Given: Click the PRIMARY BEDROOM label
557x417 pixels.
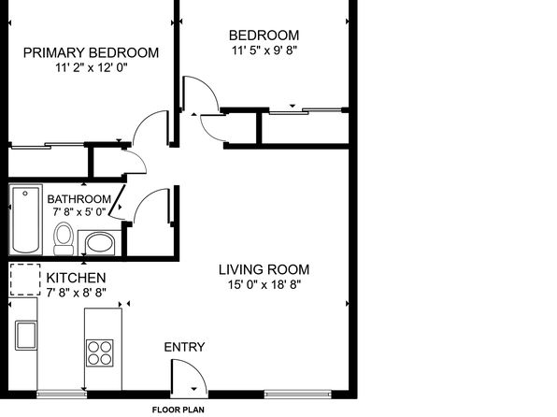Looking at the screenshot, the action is coord(91,52).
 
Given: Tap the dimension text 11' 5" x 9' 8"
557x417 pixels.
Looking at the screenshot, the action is coord(264,50).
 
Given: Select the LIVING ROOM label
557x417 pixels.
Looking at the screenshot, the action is coord(264,269).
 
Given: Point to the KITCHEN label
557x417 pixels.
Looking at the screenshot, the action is coord(76,278).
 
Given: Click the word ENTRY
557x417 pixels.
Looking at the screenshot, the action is coord(184,347).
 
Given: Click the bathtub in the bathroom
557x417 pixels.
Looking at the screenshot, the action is coord(25,220).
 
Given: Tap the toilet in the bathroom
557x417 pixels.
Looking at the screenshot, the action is coord(64,238).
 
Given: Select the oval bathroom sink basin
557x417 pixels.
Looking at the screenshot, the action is coord(100,242).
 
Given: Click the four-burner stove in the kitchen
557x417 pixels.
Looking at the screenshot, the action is coord(100,353).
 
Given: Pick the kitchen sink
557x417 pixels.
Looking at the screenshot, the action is coord(26,336).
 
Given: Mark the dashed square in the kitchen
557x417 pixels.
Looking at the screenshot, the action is coord(25,280).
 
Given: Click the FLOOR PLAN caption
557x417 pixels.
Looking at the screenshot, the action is coord(179,410).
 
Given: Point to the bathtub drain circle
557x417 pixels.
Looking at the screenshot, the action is coord(25,194).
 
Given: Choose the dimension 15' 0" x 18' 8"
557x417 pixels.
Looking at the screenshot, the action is coord(264,285).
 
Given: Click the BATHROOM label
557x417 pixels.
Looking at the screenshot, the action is coord(79,199).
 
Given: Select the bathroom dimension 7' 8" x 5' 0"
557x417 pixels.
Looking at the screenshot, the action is coord(79,212).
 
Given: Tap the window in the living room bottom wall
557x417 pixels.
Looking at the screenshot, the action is coord(298,394).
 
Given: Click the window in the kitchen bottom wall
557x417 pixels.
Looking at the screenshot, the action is coord(62,394).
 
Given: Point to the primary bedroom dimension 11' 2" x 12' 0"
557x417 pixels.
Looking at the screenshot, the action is coord(92,67).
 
